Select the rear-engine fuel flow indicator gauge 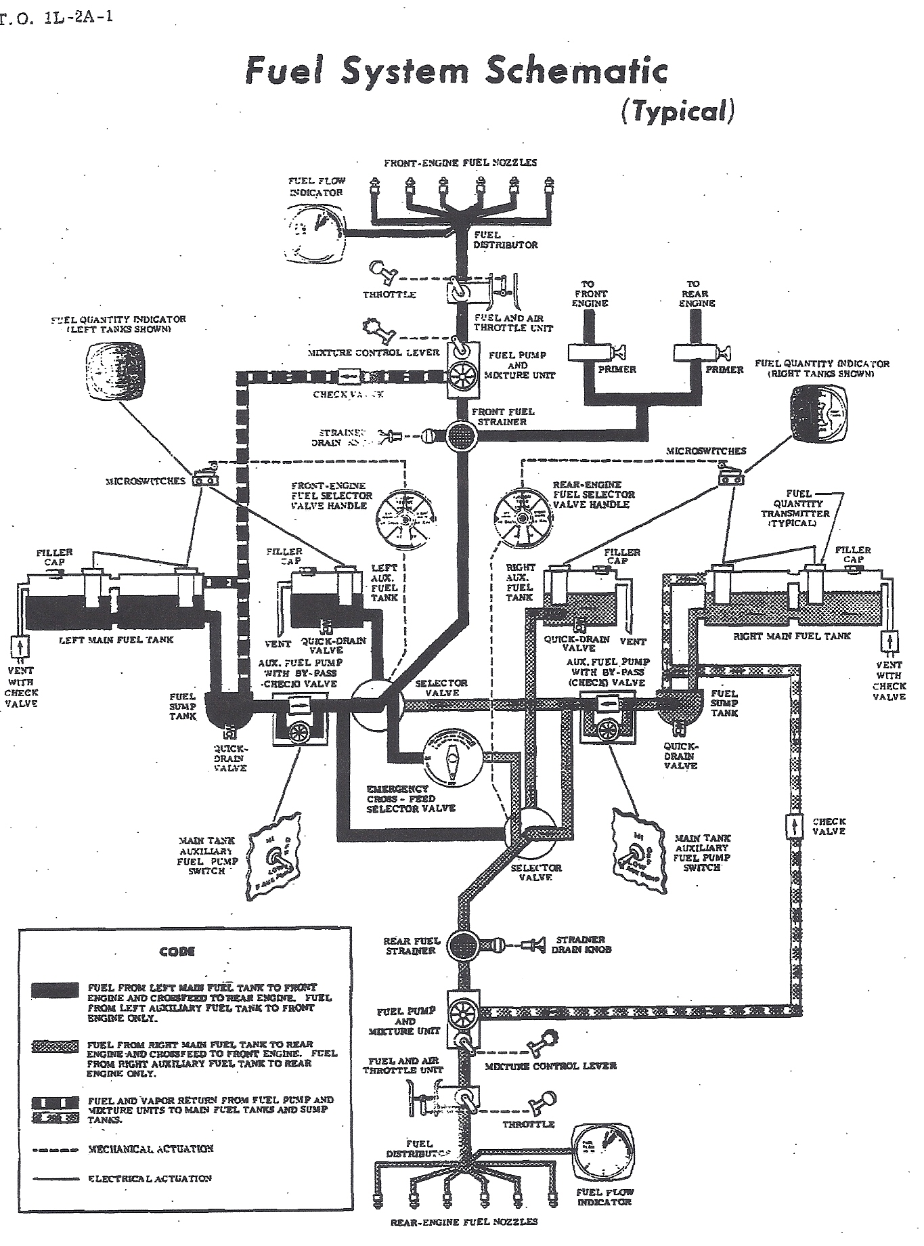[x=603, y=1151]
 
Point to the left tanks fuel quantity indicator [x=115, y=370]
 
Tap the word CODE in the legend [x=178, y=951]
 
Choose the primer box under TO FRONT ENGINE [x=590, y=352]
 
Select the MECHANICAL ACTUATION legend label [x=150, y=1148]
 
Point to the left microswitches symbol [x=205, y=477]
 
